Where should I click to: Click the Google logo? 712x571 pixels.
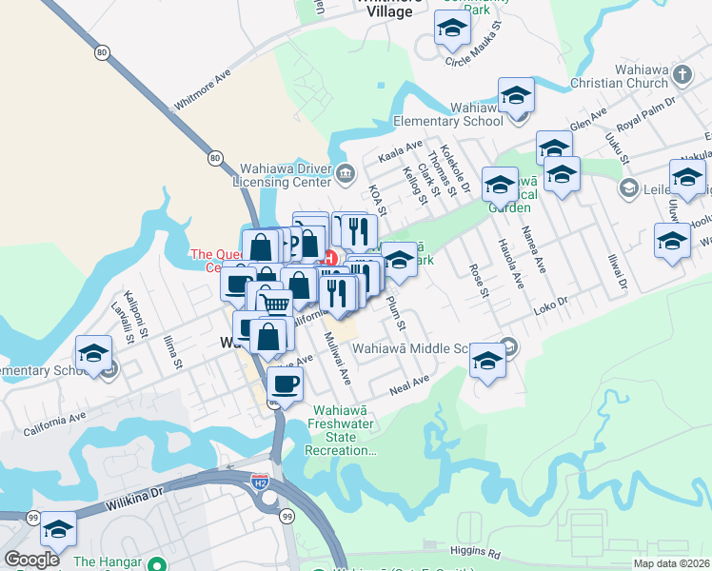(x=32, y=560)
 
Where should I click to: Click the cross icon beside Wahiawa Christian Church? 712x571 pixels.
(x=682, y=73)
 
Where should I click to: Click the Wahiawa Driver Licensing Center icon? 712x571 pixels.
(x=345, y=172)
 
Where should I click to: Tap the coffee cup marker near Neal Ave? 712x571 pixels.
(x=285, y=385)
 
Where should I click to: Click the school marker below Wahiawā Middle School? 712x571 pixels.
(x=487, y=361)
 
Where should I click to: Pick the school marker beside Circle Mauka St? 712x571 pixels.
(x=451, y=30)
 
